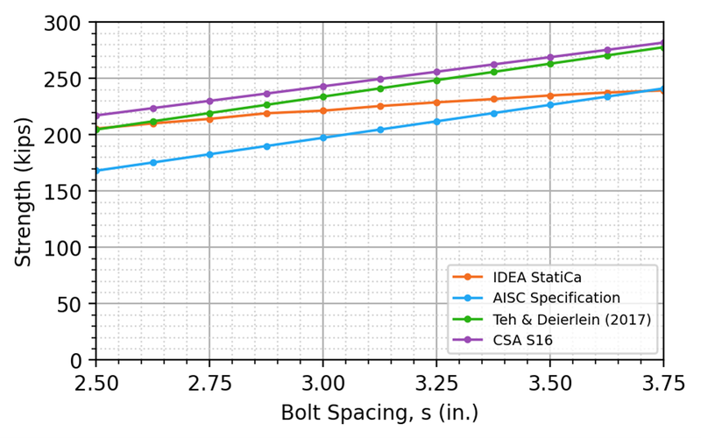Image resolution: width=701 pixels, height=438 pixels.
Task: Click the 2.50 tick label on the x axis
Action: [96, 382]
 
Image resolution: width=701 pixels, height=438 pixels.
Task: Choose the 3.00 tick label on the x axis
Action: [322, 382]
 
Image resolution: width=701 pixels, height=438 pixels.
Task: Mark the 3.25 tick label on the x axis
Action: [436, 382]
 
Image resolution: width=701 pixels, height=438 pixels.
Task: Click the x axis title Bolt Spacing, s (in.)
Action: [379, 411]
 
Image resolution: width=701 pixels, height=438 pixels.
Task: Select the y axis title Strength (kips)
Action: [24, 191]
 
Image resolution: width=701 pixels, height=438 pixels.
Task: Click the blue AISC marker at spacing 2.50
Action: [96, 171]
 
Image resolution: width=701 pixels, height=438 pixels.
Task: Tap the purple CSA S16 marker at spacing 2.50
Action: [96, 116]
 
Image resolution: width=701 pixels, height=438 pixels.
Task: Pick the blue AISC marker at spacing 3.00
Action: [322, 138]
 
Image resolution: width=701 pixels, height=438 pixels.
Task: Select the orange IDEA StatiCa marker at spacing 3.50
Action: [550, 95]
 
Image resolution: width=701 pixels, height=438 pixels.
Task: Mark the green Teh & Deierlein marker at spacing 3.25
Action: [436, 80]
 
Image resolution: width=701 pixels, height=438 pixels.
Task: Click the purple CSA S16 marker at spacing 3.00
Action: [322, 87]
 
